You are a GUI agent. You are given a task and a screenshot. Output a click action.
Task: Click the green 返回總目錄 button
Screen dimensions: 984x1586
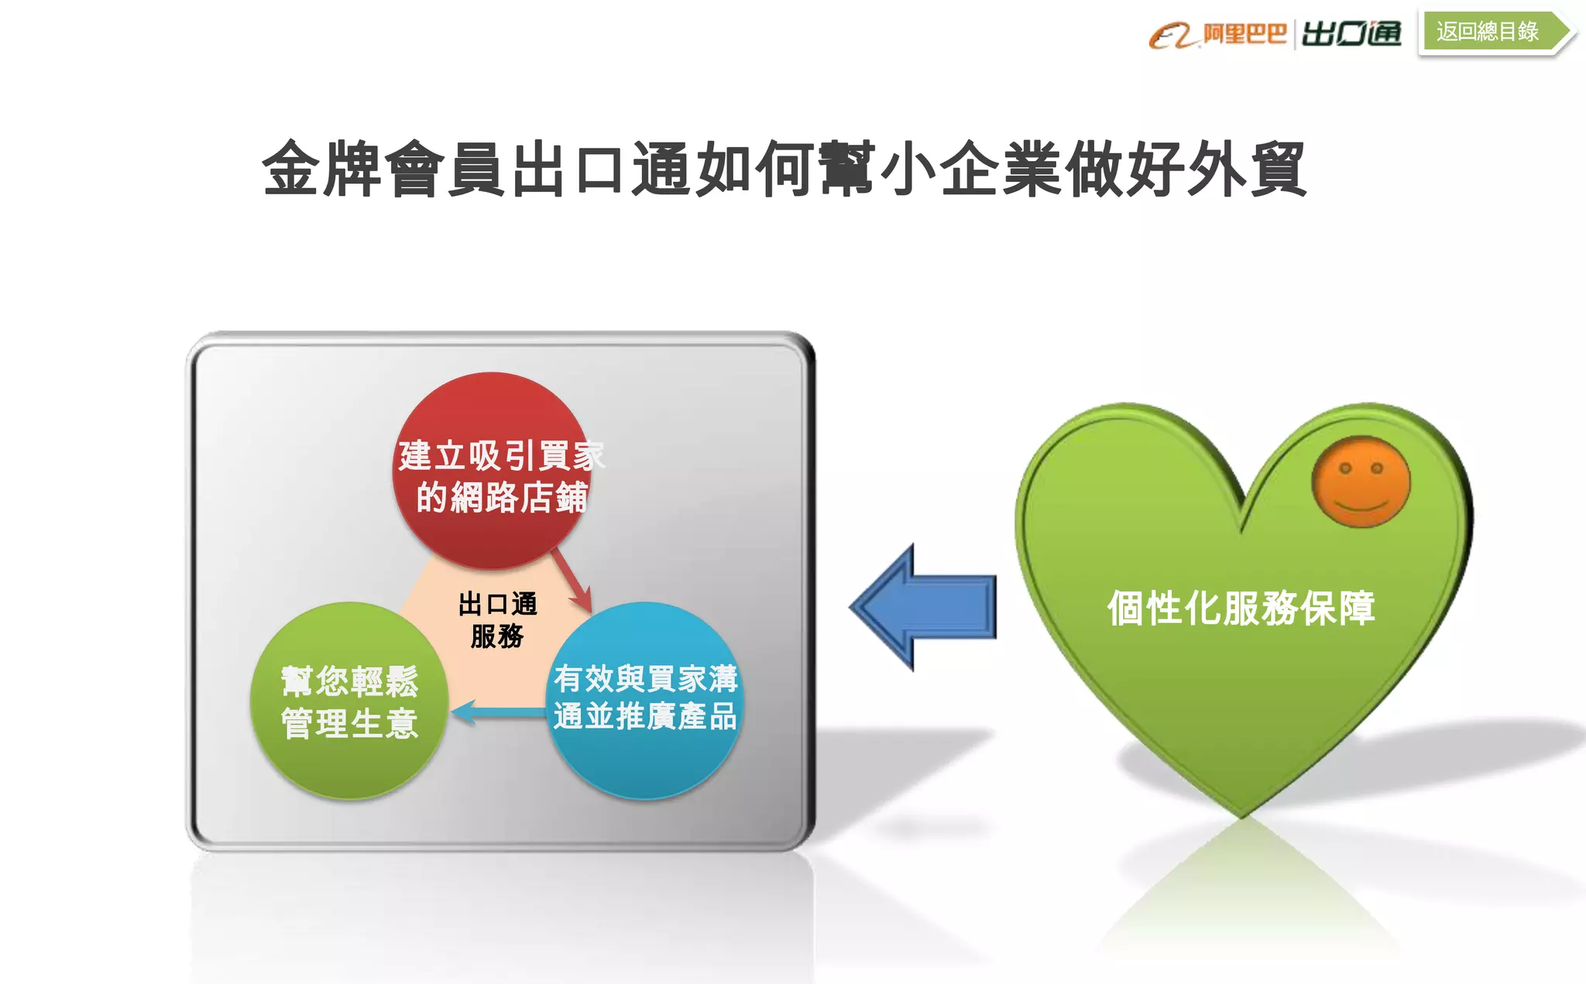click(1488, 32)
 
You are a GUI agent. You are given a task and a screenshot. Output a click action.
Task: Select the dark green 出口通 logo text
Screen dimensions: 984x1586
click(1351, 34)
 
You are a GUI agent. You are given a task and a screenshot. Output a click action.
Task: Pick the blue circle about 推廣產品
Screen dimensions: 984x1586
click(644, 700)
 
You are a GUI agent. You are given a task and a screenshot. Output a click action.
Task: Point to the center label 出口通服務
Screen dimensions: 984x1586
click(497, 620)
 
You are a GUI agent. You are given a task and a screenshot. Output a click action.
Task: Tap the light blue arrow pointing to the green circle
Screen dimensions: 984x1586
click(498, 712)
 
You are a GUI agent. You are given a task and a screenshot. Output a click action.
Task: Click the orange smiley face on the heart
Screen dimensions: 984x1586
click(1361, 482)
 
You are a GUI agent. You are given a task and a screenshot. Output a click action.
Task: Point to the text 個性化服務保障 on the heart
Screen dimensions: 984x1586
click(1241, 609)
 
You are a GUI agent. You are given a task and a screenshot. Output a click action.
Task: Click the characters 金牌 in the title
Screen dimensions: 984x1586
click(323, 170)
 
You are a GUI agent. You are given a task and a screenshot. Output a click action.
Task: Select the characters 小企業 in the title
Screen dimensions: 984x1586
click(971, 170)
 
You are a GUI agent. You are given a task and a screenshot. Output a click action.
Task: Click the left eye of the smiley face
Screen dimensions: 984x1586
click(1345, 468)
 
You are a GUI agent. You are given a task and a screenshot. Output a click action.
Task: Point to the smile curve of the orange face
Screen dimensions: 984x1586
click(1361, 506)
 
